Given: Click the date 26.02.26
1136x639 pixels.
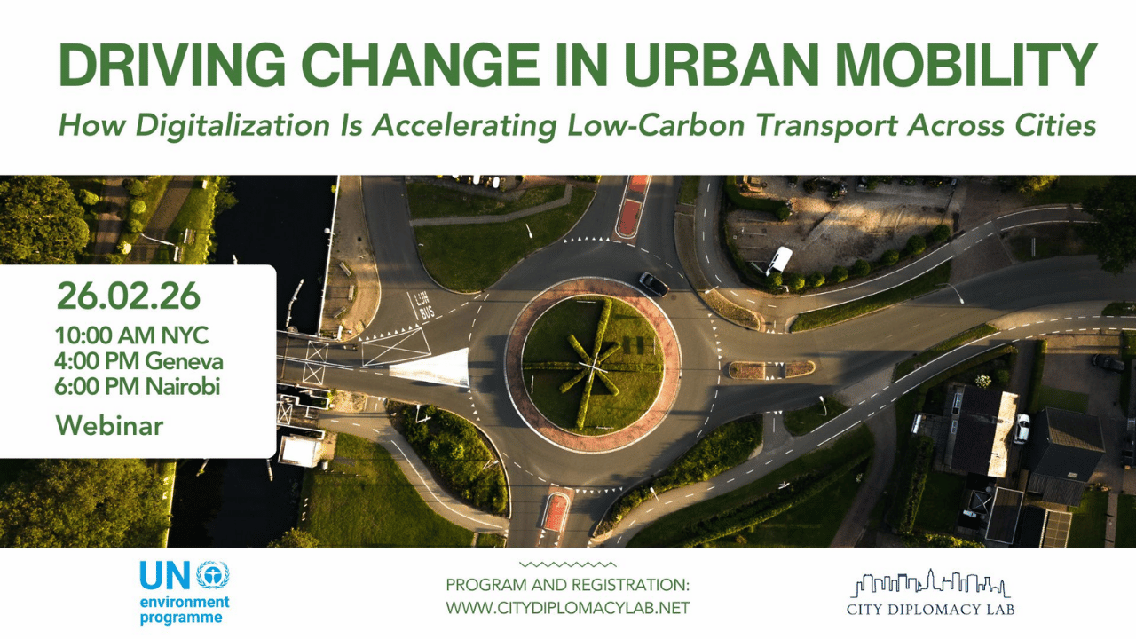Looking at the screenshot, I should (128, 297).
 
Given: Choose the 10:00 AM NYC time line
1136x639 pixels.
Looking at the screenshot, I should (132, 336).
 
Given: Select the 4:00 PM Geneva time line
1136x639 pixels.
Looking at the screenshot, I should (139, 361).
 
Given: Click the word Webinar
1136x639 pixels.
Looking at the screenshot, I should (110, 425).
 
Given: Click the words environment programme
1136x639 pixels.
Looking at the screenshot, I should (184, 610).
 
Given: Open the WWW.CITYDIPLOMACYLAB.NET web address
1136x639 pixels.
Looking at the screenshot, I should (567, 608).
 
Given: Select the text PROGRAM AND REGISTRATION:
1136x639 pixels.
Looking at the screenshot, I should (567, 586).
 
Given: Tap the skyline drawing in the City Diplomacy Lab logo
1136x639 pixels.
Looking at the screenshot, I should (930, 583).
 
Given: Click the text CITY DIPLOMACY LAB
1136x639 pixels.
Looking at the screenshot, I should (930, 610).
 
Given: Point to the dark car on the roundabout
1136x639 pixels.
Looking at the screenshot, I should (654, 284).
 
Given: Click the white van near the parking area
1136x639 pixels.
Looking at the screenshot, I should (779, 259).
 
